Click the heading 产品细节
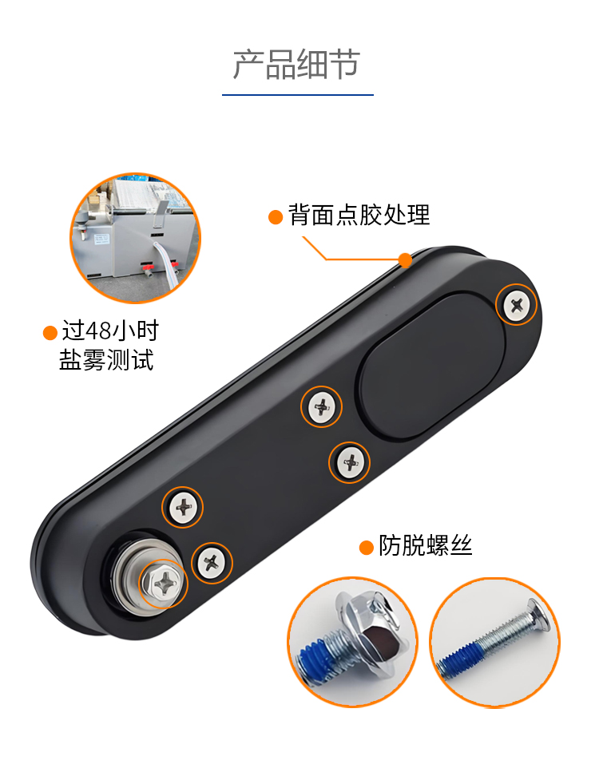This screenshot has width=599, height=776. point(296,65)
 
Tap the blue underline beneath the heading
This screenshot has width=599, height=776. point(298,94)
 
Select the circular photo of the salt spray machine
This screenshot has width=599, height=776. point(135,238)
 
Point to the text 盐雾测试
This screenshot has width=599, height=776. point(106,360)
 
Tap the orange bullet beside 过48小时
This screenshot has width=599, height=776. point(50,333)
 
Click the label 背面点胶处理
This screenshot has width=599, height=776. point(359,216)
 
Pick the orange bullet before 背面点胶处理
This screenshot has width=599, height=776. point(276,217)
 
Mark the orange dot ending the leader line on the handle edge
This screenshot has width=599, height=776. point(406,259)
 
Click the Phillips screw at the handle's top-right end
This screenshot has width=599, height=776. point(516,305)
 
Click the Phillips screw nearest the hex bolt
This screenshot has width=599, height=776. point(212,563)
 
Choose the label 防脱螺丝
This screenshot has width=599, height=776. point(425,546)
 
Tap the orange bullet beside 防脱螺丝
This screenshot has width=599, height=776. point(366,548)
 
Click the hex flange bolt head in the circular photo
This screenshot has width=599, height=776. point(373,628)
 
